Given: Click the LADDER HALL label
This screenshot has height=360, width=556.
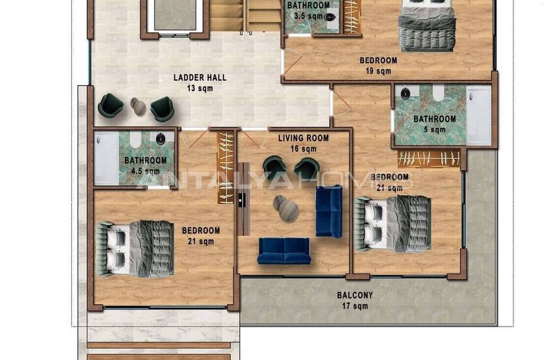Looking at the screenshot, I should click(200, 77).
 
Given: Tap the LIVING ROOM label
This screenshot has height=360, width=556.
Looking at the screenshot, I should click(303, 138).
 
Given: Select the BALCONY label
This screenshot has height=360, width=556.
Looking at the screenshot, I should click(355, 295).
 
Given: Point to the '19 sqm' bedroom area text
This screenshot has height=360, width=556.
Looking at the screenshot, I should click(378, 71).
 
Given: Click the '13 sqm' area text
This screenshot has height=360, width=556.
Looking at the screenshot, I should click(200, 88).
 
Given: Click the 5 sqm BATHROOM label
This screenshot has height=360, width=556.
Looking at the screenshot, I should click(434, 119).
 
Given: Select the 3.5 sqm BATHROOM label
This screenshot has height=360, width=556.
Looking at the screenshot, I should click(308, 5).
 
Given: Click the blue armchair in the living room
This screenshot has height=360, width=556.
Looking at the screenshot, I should click(329, 211).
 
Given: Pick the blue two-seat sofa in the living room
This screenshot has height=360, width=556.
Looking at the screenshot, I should click(284, 251).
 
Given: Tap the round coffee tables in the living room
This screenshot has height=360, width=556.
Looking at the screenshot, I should click(285, 207).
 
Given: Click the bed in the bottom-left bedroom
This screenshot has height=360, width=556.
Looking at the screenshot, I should click(135, 248).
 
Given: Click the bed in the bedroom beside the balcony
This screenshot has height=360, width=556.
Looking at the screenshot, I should click(392, 223).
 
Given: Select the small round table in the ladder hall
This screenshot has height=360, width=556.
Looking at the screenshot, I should click(138, 106).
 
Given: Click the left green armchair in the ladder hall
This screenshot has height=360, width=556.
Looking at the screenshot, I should click(110, 105).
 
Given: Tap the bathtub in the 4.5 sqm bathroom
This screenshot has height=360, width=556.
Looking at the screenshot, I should click(106, 159).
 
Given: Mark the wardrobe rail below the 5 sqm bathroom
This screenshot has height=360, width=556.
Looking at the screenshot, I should click(428, 158).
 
